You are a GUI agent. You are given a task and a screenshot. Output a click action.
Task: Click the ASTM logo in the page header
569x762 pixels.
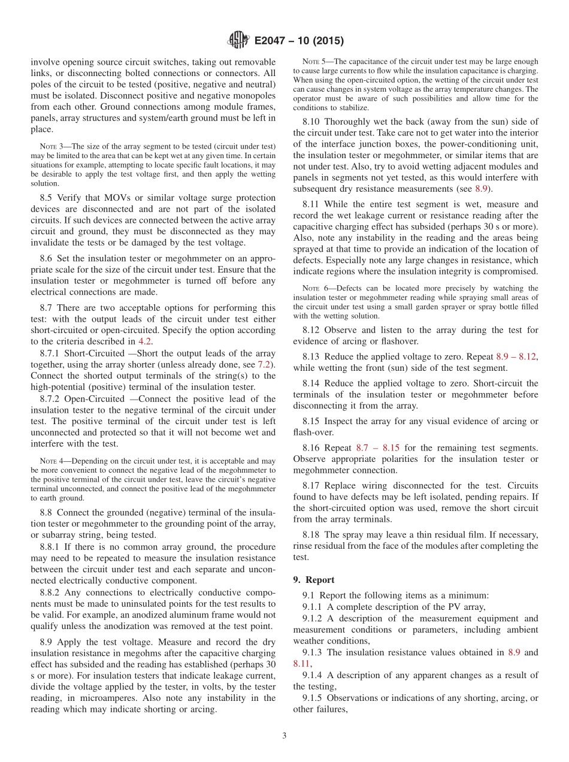(238, 41)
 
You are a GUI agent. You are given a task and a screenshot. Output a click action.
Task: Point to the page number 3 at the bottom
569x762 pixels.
(284, 736)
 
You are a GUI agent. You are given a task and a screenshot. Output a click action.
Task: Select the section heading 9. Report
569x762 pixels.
(314, 580)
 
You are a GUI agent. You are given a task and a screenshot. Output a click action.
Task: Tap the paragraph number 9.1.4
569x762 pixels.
(314, 675)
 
